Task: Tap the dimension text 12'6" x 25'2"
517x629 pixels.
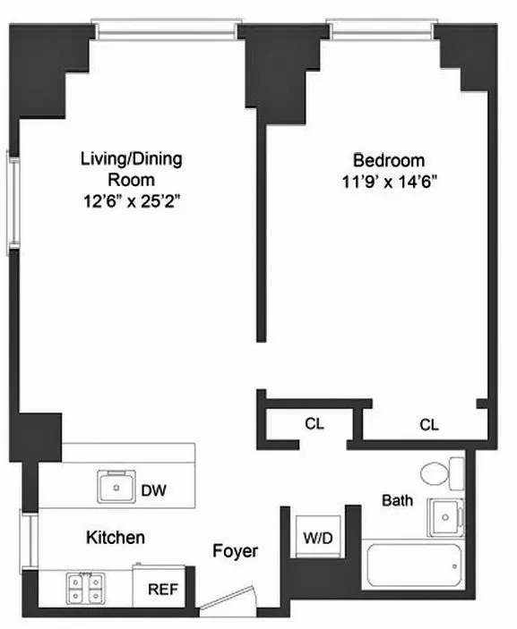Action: point(132,202)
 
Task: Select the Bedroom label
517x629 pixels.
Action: point(388,161)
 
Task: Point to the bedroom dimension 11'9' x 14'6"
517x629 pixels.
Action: point(388,182)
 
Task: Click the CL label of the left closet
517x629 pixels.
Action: point(313,424)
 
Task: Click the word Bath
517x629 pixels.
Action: point(397,500)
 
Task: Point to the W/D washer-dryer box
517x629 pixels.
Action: point(314,539)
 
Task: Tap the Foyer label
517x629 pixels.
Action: point(235,551)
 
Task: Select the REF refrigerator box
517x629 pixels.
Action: point(161,590)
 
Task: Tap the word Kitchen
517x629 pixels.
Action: point(116,538)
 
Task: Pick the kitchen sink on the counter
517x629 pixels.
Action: point(116,489)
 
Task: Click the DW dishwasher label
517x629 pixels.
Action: point(153,490)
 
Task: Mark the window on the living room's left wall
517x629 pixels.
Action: point(13,199)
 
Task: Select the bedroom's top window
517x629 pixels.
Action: point(383,30)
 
